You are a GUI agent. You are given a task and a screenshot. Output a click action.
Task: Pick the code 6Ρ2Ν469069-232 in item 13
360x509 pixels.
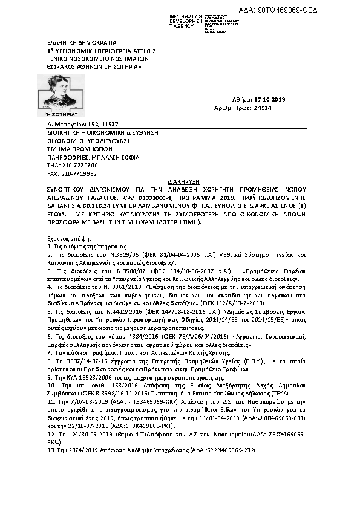[229, 417]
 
